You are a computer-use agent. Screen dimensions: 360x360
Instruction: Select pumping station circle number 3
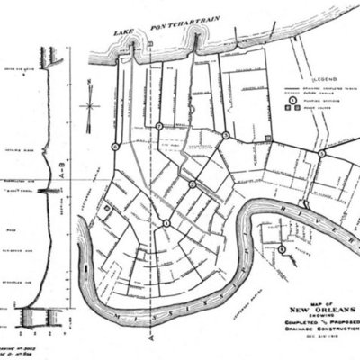pyautogui.click(x=225, y=136)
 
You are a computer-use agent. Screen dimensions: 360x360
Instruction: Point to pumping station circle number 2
pyautogui.click(x=193, y=184)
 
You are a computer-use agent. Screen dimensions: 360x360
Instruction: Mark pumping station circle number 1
pyautogui.click(x=166, y=222)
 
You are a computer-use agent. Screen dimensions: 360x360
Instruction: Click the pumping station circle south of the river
pyautogui.click(x=282, y=248)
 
